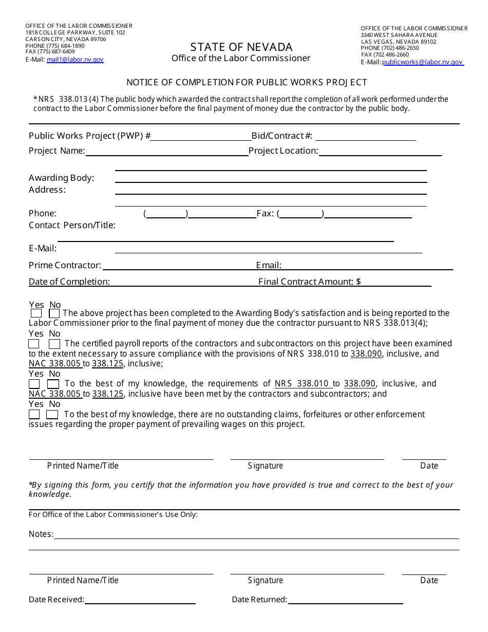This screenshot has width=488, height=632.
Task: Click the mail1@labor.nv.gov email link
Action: click(x=75, y=60)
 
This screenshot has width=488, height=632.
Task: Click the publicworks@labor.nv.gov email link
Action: click(x=422, y=62)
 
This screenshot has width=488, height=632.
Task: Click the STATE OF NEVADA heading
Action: click(x=241, y=47)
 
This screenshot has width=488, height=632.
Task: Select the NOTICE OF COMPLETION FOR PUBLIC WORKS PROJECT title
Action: click(x=247, y=82)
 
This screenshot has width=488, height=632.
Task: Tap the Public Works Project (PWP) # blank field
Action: click(x=200, y=137)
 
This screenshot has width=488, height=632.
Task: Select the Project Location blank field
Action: click(x=380, y=152)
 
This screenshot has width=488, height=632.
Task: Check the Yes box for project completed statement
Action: click(x=36, y=313)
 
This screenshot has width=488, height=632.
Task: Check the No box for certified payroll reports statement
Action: click(x=54, y=344)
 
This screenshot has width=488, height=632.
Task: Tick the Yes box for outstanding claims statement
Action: click(x=34, y=415)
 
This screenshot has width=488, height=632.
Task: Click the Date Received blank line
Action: click(x=140, y=600)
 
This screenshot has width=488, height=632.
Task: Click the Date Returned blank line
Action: click(x=345, y=600)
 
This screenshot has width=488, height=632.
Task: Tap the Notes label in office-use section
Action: click(x=41, y=534)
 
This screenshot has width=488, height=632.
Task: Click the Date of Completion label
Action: click(x=69, y=282)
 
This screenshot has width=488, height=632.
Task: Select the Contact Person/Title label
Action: click(x=72, y=225)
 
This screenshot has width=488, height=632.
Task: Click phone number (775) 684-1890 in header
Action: click(x=55, y=46)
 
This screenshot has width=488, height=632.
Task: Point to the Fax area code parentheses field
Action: click(x=301, y=214)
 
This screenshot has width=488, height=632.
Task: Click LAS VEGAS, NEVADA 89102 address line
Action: click(x=399, y=42)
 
